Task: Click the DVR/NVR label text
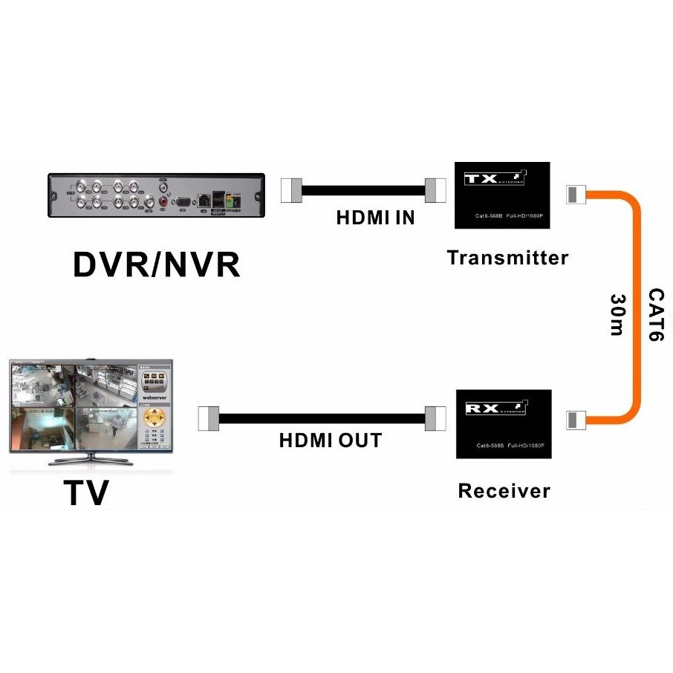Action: [156, 264]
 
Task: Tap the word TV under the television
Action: [86, 492]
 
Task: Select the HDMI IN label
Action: [375, 218]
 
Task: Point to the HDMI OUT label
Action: [330, 440]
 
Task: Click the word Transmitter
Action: [507, 258]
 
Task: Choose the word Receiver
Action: [504, 491]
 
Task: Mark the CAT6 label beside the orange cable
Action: [654, 315]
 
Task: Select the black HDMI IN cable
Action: [363, 190]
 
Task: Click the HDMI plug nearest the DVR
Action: [292, 190]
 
